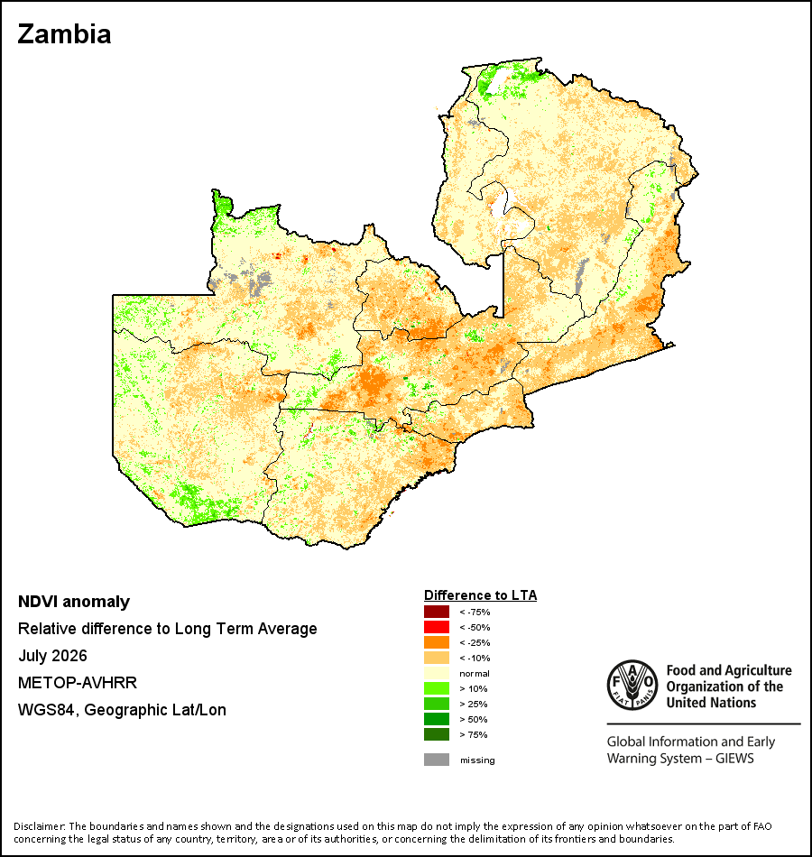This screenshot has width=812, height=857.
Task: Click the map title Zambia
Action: coord(65,34)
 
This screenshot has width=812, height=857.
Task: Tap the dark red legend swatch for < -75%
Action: coord(437,612)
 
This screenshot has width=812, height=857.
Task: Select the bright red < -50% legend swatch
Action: coord(437,627)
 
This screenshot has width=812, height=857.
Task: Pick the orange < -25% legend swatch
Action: coord(437,642)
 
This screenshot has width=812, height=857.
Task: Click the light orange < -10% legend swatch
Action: coord(437,658)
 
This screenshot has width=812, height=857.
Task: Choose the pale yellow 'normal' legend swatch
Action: coord(437,673)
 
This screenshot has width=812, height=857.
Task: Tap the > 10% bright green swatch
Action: coord(437,688)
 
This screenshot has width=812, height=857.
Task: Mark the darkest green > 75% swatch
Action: coord(437,734)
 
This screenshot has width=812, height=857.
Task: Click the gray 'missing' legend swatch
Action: coord(437,760)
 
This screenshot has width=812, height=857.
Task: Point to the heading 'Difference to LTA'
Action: coord(480,595)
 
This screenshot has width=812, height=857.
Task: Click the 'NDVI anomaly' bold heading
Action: coord(74,602)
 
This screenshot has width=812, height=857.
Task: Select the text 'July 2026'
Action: coord(52,656)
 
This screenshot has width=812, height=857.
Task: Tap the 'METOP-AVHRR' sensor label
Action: coord(78,683)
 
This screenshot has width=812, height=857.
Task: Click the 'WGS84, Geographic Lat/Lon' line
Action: coord(122,710)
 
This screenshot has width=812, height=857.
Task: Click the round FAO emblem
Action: coord(632,685)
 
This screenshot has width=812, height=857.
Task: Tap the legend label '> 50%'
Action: coord(474,719)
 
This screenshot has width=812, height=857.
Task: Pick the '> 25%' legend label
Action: coord(474,704)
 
